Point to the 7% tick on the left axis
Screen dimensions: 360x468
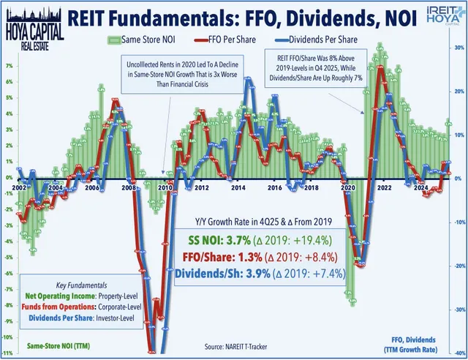(x=7, y=64)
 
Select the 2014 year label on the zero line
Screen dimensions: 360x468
(x=238, y=188)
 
